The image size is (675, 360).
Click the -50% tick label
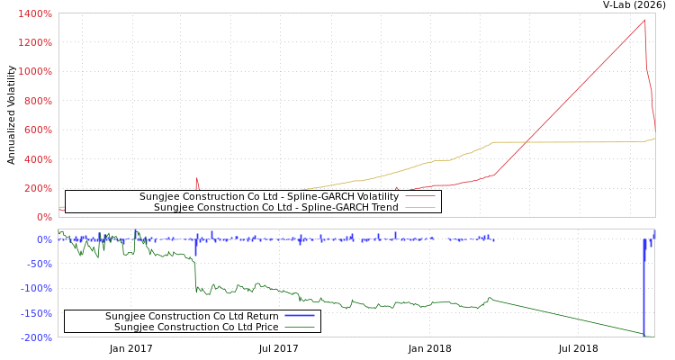[39, 265]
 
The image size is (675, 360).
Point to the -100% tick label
[36, 289]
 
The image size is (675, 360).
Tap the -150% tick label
[36, 314]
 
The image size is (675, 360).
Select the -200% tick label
[36, 338]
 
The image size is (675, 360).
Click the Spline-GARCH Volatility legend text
[268, 196]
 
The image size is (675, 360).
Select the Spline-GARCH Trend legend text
[276, 208]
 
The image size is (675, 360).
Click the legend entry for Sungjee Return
[192, 316]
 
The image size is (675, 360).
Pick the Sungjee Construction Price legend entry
[196, 327]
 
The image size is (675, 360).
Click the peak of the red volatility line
[644, 20]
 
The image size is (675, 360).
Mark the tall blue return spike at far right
[644, 288]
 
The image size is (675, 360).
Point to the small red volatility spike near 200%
[196, 179]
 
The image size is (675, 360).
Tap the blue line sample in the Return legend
[299, 316]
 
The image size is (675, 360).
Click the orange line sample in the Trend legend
[419, 208]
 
